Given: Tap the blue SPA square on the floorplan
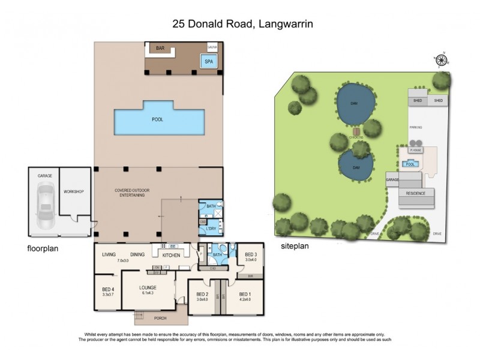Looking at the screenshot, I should (x=208, y=61).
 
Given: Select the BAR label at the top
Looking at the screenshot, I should (x=160, y=48).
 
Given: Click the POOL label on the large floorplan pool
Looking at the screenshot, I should (x=157, y=119).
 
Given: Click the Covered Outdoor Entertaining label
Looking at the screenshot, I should (x=132, y=193).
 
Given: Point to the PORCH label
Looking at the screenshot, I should (x=159, y=318).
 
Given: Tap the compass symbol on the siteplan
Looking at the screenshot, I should (x=443, y=59).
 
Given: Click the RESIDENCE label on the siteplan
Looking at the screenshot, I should (x=415, y=193).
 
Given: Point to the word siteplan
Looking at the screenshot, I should (x=295, y=246).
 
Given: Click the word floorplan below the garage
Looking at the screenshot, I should (x=43, y=247).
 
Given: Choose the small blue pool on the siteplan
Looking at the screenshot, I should (x=410, y=164).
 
